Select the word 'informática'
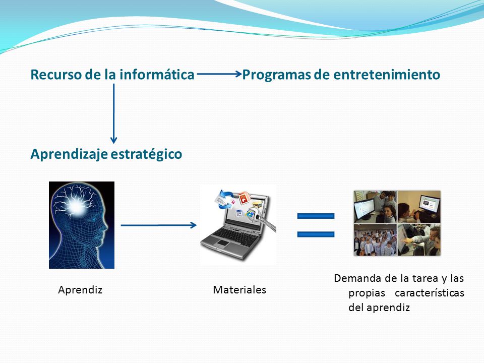tap(157, 75)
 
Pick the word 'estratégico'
tap(146, 154)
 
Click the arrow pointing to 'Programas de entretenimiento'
tap(219, 74)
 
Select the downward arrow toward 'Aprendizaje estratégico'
tap(113, 113)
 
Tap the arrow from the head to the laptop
tap(159, 225)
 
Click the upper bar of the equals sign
tap(316, 216)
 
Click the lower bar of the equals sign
tap(316, 234)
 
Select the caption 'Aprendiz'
tap(80, 290)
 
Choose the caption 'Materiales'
tap(239, 290)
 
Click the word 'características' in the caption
tap(430, 293)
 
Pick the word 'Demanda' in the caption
tap(357, 278)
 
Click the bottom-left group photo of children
tap(375, 240)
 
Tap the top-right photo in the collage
tap(419, 207)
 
